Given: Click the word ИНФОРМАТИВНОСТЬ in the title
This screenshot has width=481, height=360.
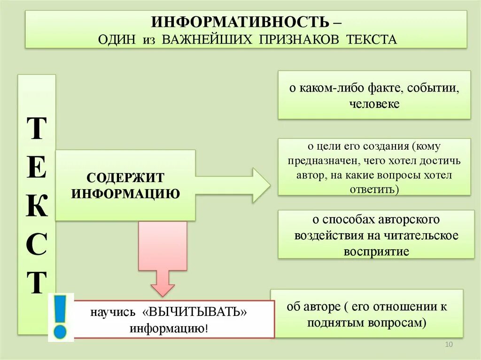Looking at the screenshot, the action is tap(240, 22).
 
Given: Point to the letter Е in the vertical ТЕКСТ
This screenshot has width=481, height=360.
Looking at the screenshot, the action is tap(37, 168).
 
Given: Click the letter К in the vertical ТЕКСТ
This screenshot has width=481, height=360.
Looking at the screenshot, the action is tap(37, 207).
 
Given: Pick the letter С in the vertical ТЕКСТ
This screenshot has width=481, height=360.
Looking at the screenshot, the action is tap(37, 244).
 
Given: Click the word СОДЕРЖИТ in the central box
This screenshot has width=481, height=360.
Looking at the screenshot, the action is tap(125, 178).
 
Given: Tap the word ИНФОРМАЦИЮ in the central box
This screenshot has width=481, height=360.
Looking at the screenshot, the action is tap(125, 193).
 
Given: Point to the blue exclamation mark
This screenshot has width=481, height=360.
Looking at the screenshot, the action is tap(61, 317).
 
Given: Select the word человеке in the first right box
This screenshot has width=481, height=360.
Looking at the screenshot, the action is tap(374, 104).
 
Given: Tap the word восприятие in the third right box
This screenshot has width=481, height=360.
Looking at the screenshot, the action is tap(376, 251).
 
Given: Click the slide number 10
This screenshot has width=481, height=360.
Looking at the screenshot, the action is tap(448, 345).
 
